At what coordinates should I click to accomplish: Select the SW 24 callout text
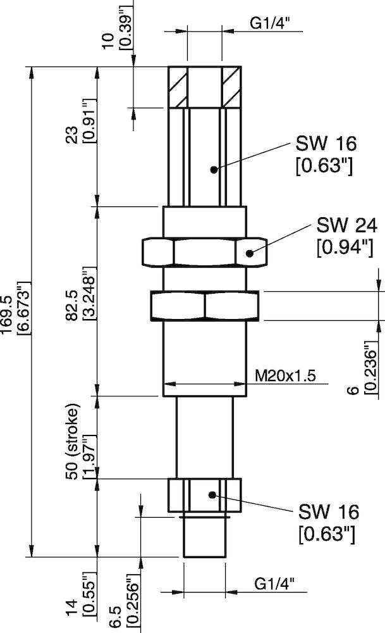tap(346, 225)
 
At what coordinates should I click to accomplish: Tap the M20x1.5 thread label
tap(284, 375)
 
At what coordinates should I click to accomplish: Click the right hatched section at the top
tap(232, 87)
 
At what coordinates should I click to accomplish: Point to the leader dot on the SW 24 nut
tap(250, 253)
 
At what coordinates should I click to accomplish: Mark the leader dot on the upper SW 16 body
tap(214, 169)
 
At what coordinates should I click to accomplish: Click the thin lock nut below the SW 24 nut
tap(204, 306)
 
